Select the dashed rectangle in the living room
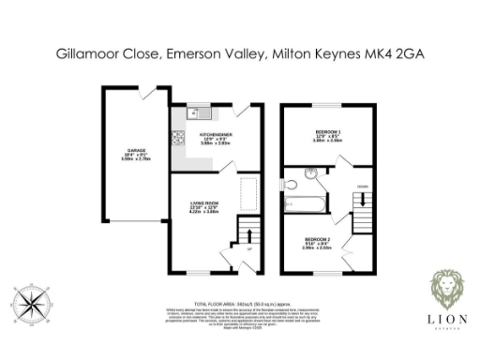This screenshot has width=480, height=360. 250,194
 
